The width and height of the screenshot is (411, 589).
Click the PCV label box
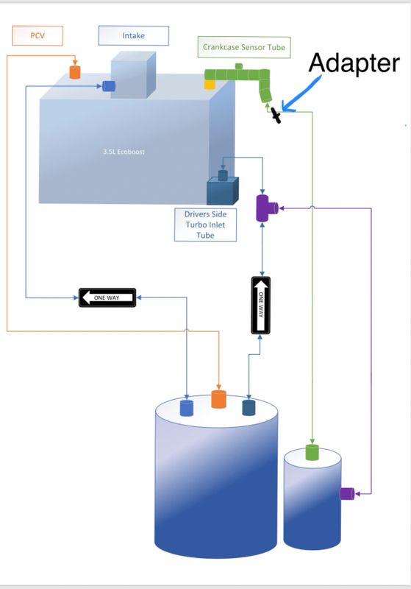click(x=37, y=35)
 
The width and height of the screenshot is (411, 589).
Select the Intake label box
click(x=134, y=35)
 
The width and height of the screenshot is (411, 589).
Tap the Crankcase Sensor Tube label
click(x=244, y=47)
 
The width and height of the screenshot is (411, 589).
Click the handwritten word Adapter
click(x=354, y=63)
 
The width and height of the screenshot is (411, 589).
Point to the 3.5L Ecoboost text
click(x=124, y=152)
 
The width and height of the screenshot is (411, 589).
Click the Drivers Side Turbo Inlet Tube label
click(x=206, y=225)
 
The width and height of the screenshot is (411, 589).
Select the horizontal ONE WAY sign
click(x=107, y=297)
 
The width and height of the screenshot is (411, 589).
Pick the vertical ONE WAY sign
click(x=260, y=305)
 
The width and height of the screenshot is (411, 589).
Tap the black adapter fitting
click(x=276, y=116)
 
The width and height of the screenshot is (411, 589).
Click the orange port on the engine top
click(x=75, y=72)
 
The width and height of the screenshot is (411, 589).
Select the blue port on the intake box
click(x=109, y=86)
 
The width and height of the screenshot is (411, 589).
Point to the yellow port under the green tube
click(x=210, y=85)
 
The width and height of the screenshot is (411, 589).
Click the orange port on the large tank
click(x=218, y=399)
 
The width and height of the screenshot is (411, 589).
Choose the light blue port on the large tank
click(x=187, y=408)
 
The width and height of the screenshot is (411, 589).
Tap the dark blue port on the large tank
click(x=249, y=408)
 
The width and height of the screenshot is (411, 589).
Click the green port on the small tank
click(x=312, y=452)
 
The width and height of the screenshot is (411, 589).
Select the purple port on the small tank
click(x=347, y=493)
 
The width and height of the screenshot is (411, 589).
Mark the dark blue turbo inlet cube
click(x=222, y=191)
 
